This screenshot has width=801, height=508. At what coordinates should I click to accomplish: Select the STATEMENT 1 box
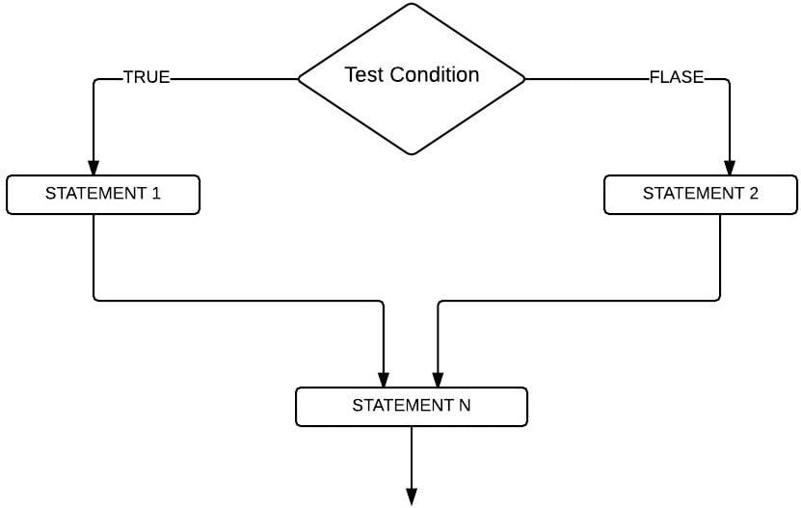pos(103,194)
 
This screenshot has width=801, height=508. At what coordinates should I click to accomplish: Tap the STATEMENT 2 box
pos(701,194)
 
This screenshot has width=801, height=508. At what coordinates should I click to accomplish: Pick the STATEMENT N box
pos(412,406)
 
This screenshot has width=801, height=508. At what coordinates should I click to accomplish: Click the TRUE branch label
pos(147,78)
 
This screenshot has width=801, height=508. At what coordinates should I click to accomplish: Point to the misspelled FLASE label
pos(677,78)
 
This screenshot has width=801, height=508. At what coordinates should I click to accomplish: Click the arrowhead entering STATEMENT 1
pos(93,167)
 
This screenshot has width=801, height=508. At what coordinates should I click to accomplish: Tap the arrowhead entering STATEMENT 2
pos(729,167)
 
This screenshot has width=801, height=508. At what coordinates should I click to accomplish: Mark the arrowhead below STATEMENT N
pos(412,496)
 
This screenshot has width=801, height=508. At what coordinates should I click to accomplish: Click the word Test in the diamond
pos(363,74)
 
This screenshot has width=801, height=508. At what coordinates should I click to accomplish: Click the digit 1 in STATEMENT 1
pos(156,193)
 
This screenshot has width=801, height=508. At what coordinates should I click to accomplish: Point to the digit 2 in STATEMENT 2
pos(754,193)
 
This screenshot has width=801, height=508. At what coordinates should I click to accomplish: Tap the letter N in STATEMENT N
pos(465,405)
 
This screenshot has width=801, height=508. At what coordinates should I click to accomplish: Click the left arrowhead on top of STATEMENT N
pos(384,379)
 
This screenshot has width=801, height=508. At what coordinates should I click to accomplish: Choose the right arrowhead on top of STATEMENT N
pos(439,379)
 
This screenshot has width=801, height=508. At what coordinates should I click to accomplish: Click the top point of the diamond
pos(412,5)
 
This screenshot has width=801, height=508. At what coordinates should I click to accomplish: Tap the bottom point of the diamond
pos(412,153)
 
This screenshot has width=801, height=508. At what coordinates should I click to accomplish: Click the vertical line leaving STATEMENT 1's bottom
pos(93,255)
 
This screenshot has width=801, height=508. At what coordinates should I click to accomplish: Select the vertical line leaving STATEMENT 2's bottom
pos(720,255)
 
